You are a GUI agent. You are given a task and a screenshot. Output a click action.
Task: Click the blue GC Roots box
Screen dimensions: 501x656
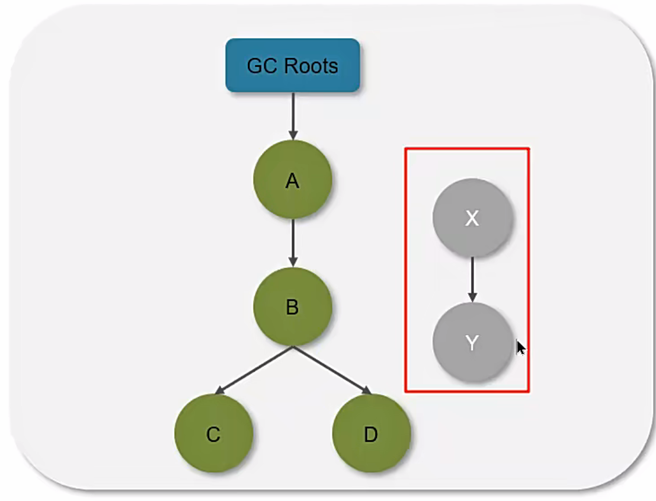293,65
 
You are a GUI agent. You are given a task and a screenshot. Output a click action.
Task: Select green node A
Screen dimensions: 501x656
292,180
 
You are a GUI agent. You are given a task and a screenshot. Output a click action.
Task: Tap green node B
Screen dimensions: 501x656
292,307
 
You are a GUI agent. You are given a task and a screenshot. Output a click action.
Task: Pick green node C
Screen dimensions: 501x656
213,433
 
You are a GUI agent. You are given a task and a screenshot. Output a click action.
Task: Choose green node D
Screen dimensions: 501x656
371,433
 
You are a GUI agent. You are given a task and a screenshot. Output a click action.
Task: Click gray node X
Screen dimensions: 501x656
472,218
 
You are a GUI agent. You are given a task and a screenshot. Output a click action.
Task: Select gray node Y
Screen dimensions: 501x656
472,342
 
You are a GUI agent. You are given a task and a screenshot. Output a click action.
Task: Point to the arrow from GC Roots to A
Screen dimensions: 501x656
293,115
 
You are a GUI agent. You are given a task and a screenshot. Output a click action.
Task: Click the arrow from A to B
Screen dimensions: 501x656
293,242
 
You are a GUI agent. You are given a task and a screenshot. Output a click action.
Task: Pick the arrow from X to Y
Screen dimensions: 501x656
472,279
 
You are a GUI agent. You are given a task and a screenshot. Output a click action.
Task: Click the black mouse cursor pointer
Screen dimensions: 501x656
520,347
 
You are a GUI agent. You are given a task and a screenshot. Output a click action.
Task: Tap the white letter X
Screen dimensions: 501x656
472,218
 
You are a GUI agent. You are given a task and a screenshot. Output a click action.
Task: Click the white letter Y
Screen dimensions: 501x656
472,342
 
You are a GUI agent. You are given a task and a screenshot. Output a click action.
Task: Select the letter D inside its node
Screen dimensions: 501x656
371,434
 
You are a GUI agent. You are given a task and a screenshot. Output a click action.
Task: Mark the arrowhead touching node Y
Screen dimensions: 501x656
472,298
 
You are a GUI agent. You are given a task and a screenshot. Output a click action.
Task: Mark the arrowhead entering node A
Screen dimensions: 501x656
293,136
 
